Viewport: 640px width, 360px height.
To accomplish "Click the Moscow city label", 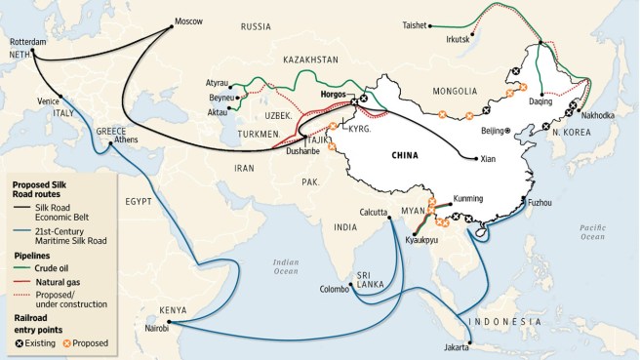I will (x=188, y=21).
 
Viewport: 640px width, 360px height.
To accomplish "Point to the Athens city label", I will (x=126, y=140).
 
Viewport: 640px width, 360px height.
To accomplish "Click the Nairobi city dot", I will (x=168, y=322).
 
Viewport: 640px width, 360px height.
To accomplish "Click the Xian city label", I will (x=491, y=158).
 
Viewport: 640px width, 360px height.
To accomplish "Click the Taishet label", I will (x=415, y=26).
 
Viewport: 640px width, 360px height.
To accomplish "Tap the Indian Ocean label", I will (x=286, y=265).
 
